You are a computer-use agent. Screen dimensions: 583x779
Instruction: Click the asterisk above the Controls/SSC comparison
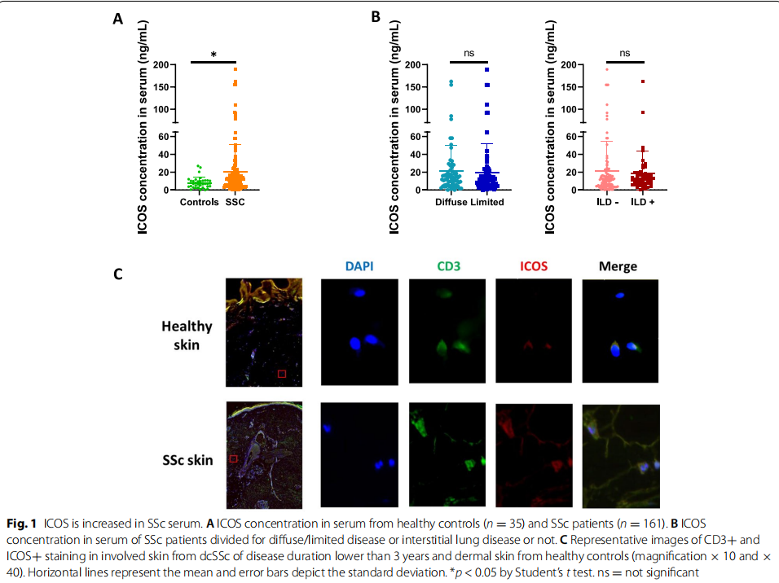click(x=213, y=55)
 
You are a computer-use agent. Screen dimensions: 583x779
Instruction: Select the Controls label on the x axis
click(x=198, y=202)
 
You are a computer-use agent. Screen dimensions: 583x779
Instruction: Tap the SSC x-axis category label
click(x=235, y=202)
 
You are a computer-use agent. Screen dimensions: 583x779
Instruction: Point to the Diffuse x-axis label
click(x=451, y=202)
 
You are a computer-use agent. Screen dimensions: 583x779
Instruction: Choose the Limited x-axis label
click(x=487, y=202)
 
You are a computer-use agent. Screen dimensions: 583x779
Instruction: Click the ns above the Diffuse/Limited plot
click(x=469, y=53)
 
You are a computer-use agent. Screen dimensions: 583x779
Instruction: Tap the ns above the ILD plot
click(x=625, y=53)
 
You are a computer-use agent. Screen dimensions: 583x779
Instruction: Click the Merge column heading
click(x=618, y=266)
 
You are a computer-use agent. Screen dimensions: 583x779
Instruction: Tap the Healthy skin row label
click(x=187, y=335)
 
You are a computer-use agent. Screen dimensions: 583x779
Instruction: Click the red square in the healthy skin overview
click(x=282, y=373)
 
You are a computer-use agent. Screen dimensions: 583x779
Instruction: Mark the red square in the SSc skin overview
click(x=233, y=458)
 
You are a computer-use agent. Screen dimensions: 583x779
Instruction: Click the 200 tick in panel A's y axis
click(x=160, y=64)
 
